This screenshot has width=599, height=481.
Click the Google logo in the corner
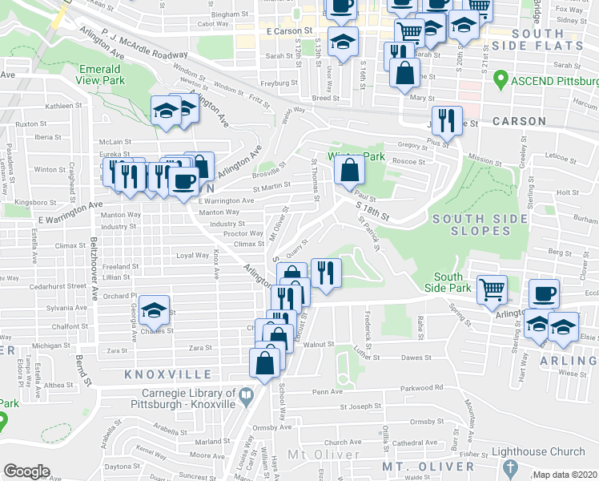coord(26,471)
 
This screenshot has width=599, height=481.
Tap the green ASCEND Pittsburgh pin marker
coord(501,79)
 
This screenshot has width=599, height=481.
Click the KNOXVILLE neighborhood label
coord(168,374)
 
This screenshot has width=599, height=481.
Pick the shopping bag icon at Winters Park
coord(350,170)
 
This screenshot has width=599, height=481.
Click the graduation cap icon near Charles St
coord(154,309)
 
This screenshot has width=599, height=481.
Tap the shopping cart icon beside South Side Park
coord(492,289)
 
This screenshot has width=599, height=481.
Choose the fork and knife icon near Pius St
coord(446,120)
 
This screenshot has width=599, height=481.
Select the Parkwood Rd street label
coord(428,387)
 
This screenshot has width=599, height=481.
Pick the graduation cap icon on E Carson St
coord(344,42)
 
